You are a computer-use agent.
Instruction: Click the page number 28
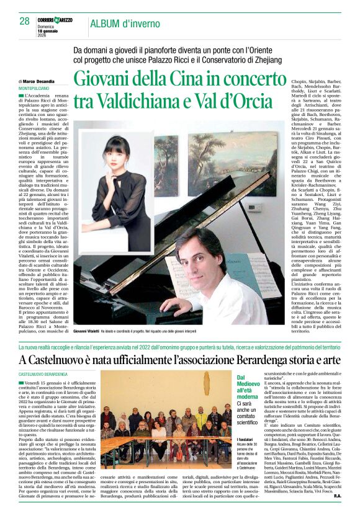coord(24,21)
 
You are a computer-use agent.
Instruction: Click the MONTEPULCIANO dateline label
coord(38,88)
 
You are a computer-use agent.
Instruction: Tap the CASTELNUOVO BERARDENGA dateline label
coord(43,375)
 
